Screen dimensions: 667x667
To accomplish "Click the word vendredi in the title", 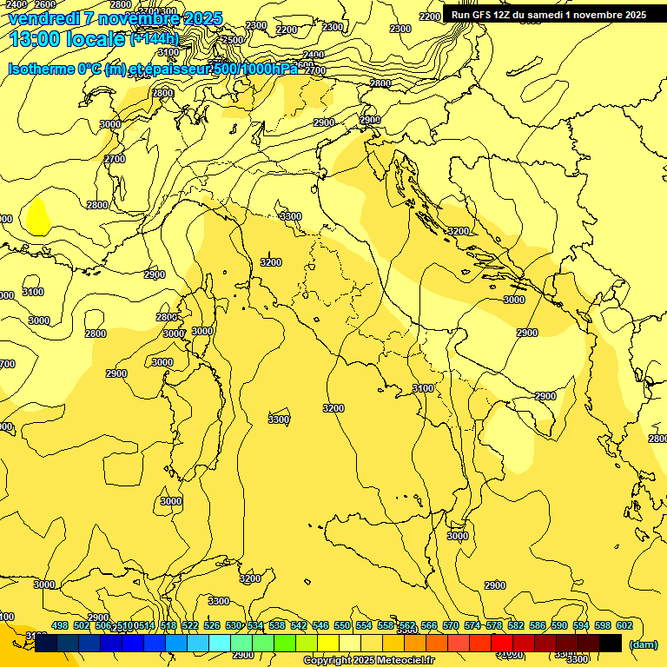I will (45, 18).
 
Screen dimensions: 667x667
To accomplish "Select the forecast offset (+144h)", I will (154, 39).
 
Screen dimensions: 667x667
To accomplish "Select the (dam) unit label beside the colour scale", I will (643, 644).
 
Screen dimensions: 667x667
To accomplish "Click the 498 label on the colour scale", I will (60, 625).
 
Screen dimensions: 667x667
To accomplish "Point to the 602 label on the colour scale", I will (624, 625).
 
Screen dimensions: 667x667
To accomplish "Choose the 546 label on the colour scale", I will (320, 625).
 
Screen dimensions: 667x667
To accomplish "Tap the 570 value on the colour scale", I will (451, 625).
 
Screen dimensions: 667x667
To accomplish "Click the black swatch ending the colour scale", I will (611, 644).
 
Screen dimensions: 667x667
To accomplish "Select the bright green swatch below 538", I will (284, 644).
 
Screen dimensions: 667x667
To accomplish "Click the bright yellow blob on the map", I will (36, 217).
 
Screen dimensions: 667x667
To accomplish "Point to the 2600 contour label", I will (45, 4).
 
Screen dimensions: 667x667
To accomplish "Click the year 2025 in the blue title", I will (196, 18).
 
